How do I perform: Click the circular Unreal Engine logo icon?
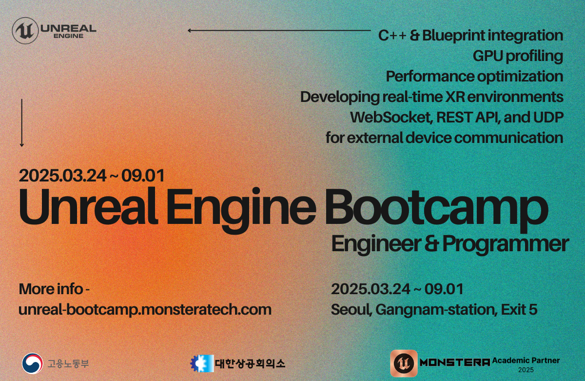point(25,31)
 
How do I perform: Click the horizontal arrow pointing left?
point(279,31)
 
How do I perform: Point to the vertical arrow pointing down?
point(21,123)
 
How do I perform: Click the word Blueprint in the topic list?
point(453,36)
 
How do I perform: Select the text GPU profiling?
point(518,56)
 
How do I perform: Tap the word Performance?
point(430,76)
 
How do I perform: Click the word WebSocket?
point(390,118)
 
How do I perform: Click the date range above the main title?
point(92,176)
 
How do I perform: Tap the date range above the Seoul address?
point(397,289)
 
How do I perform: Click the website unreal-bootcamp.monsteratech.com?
point(145,310)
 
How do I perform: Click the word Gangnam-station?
point(435,310)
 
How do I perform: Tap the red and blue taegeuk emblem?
point(32,363)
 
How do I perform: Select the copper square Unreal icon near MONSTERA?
point(404,363)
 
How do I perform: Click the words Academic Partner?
point(526,361)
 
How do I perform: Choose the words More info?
point(51,289)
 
